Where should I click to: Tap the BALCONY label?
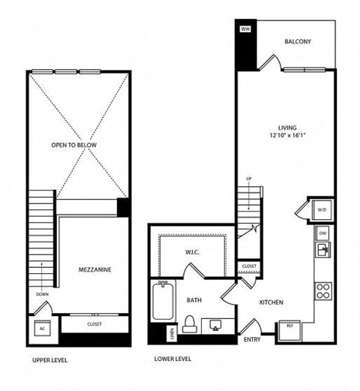click(x=298, y=42)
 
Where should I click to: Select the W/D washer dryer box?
click(x=322, y=209)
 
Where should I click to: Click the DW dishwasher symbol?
click(x=322, y=233)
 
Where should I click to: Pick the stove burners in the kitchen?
click(x=323, y=290)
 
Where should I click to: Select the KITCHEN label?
click(x=271, y=303)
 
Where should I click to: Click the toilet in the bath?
click(x=190, y=323)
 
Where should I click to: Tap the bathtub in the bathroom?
click(x=160, y=307)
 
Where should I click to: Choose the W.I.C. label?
click(x=193, y=251)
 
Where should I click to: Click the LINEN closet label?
click(x=172, y=332)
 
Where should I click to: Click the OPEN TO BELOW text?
click(x=74, y=145)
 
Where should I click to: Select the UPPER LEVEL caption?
click(x=51, y=360)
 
